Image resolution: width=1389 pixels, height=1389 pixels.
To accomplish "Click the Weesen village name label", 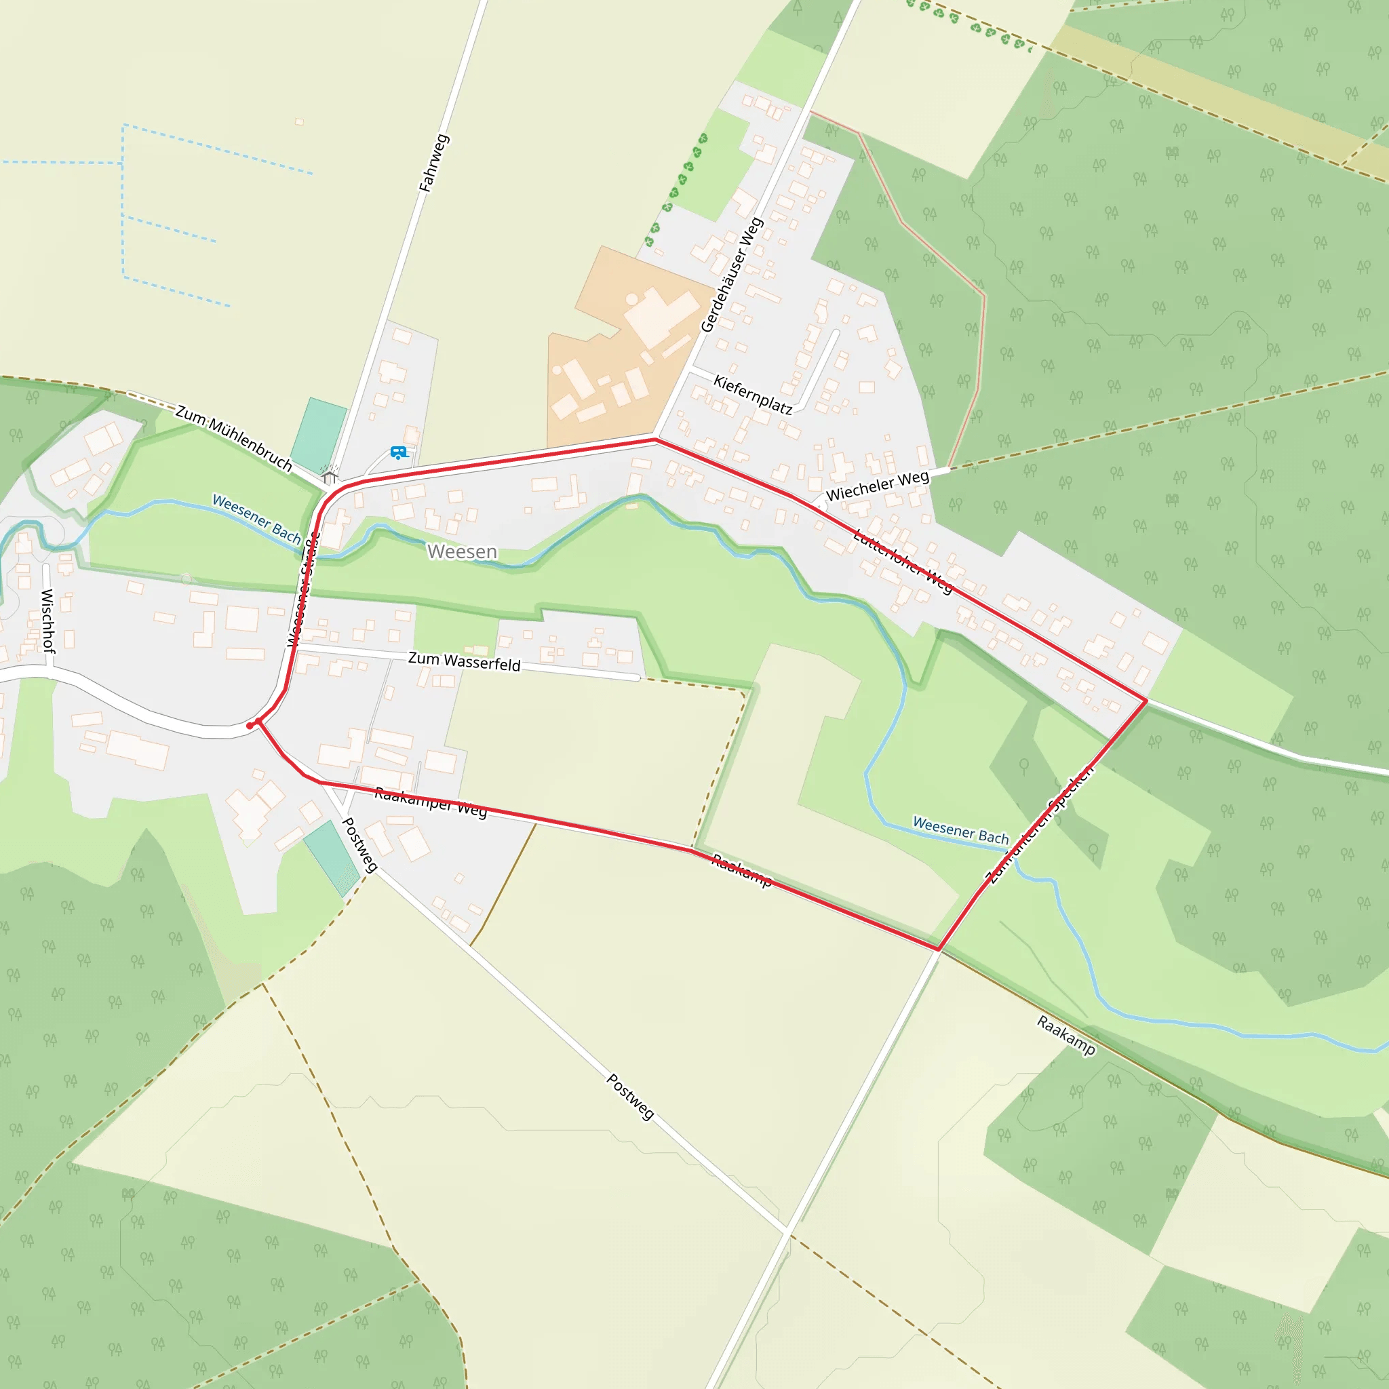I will tap(462, 551).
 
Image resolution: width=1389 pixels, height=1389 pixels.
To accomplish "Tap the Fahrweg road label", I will tap(434, 163).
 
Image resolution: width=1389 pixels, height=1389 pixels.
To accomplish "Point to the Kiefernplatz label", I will tap(753, 394).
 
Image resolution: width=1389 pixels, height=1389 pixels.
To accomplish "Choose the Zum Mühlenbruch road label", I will tap(234, 439).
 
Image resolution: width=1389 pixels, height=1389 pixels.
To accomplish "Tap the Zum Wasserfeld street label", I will tap(464, 661).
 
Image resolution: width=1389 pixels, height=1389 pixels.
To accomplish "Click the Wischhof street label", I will tap(47, 620).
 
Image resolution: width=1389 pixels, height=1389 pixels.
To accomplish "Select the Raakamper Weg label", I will tap(431, 802).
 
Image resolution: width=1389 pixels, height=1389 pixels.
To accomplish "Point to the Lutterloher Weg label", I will tap(903, 562).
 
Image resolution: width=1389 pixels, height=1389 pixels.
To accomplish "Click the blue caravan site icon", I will tap(398, 452).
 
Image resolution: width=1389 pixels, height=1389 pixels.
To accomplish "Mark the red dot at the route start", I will tap(250, 726).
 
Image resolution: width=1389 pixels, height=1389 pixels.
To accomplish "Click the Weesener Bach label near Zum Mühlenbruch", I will tap(256, 518).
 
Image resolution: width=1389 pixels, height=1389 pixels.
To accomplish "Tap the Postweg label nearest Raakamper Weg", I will tap(359, 845).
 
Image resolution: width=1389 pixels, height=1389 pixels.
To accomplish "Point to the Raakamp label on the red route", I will tap(742, 870).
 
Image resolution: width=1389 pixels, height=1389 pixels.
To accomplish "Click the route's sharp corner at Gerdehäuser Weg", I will tap(656, 439).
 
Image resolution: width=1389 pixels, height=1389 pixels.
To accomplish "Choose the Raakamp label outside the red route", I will tap(1066, 1035).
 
